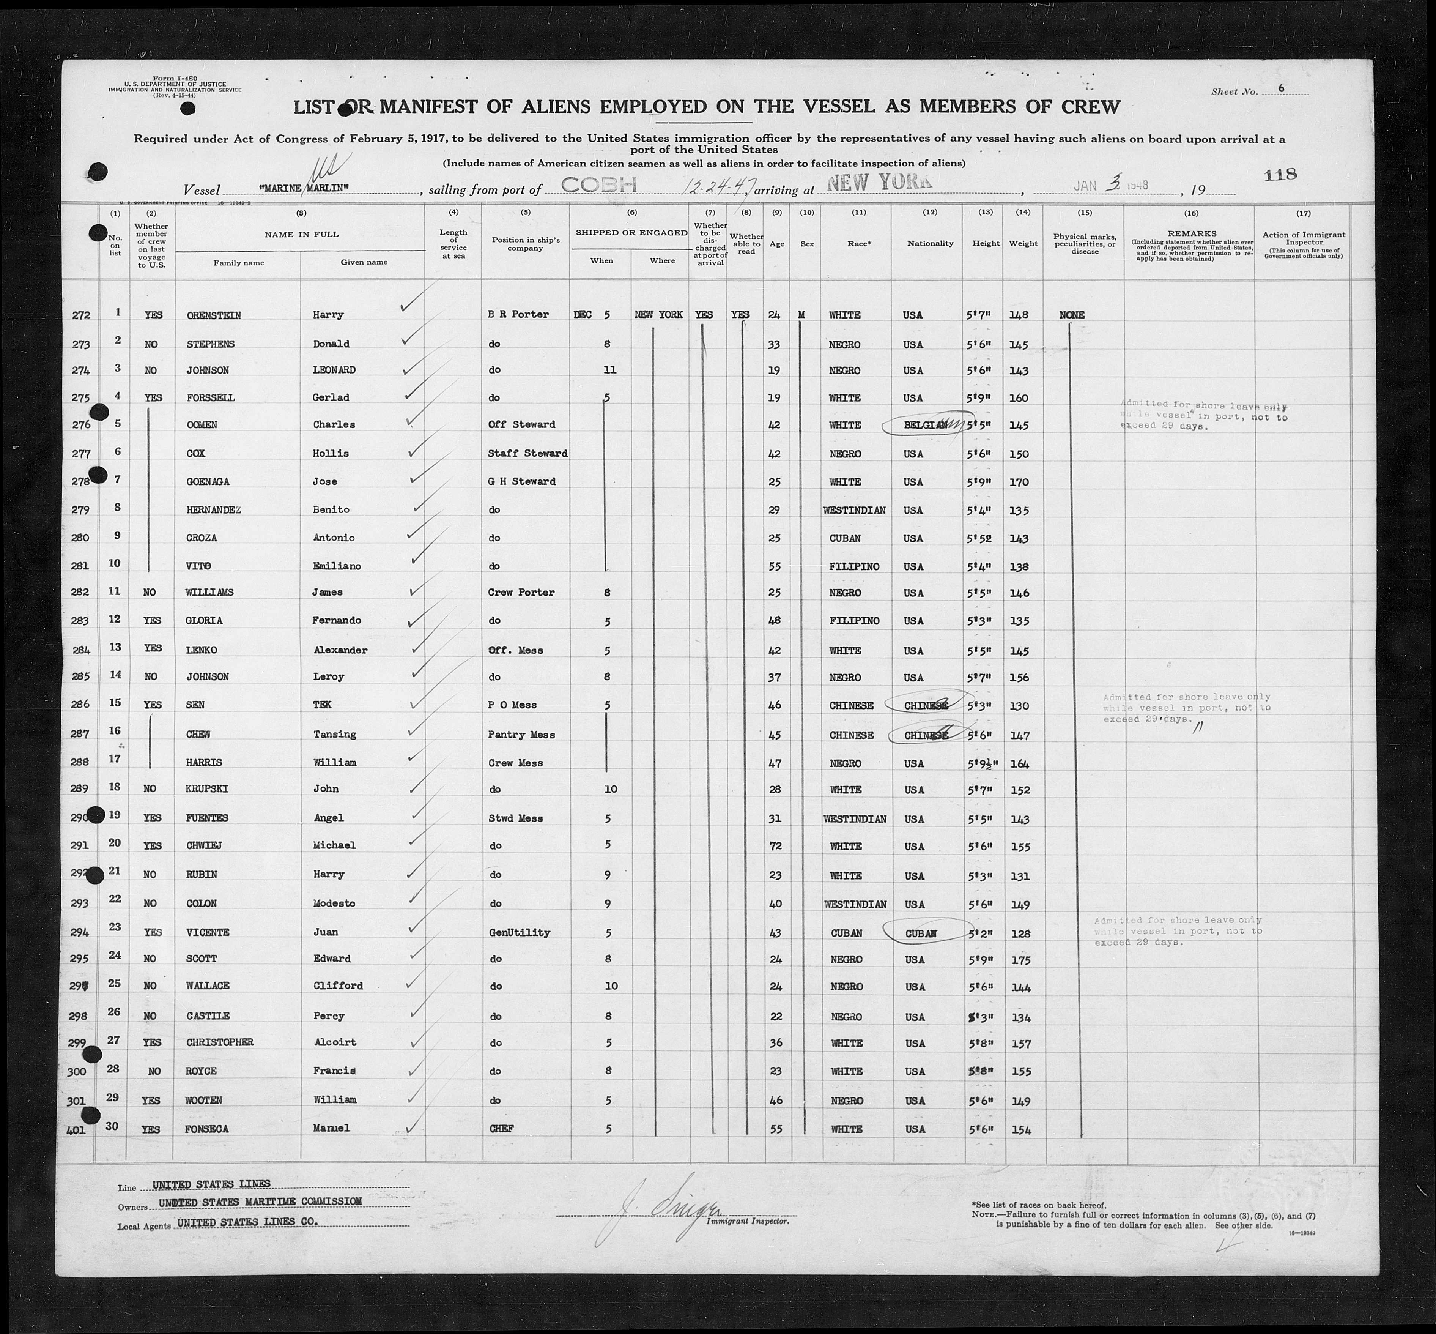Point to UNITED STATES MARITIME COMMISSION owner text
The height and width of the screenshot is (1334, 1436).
(260, 1201)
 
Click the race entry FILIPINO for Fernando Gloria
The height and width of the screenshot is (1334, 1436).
(854, 621)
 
